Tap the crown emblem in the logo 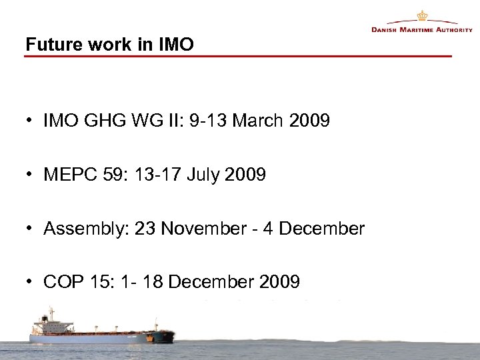point(421,16)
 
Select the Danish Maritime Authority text point(421,30)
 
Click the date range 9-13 point(199,122)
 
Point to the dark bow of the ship point(164,335)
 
